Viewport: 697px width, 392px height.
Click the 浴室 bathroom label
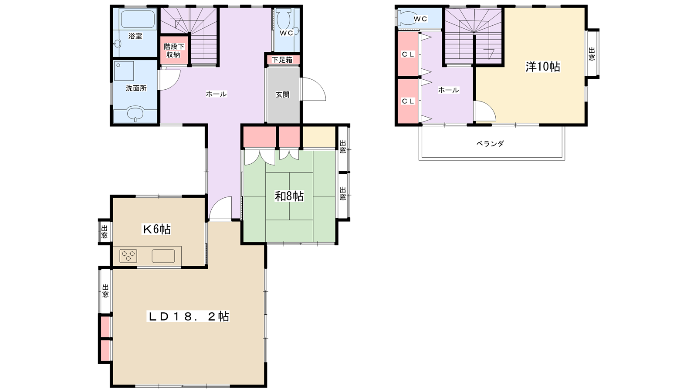[135, 36]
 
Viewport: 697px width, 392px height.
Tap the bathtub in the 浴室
[138, 19]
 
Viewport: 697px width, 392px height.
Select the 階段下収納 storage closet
[174, 51]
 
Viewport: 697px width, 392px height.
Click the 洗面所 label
[136, 88]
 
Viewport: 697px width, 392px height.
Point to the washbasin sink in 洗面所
[135, 114]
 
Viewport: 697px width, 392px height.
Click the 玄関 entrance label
[283, 95]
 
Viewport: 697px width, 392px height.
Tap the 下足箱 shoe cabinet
[282, 60]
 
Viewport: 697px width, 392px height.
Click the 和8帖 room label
[289, 196]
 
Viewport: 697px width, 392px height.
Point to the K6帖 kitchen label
[156, 229]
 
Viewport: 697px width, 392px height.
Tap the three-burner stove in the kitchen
[128, 256]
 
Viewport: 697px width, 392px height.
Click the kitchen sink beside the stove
[163, 256]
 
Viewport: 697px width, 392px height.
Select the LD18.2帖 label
[188, 316]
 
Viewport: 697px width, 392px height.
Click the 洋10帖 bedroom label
[543, 67]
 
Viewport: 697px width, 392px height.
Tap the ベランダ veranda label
[490, 143]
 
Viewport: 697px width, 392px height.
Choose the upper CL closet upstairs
[408, 54]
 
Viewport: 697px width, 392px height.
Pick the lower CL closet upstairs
[408, 101]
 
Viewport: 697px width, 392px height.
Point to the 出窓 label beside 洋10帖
[592, 54]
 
